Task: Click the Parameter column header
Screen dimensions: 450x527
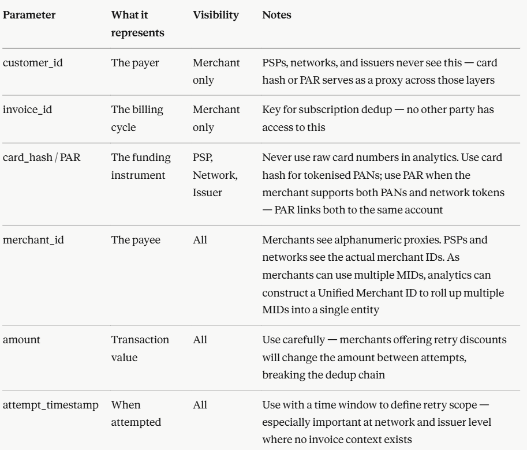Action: point(29,16)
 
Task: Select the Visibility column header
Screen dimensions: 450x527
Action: point(216,16)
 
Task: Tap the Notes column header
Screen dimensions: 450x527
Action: point(276,16)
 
